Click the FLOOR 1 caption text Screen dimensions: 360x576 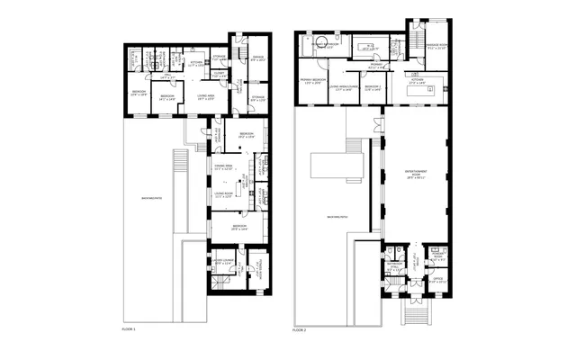click(x=129, y=329)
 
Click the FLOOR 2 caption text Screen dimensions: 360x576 click(x=300, y=329)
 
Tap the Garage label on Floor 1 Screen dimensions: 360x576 click(x=257, y=60)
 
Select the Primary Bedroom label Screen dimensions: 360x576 click(x=312, y=81)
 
